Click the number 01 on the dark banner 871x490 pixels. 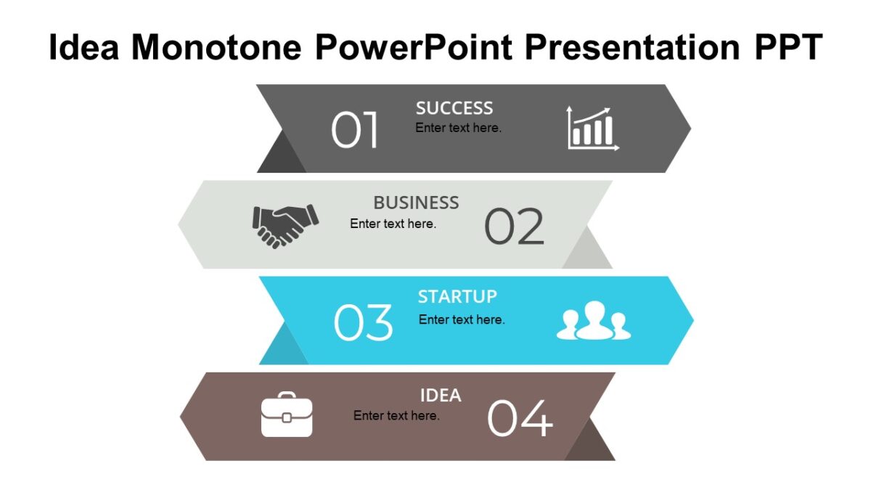355,131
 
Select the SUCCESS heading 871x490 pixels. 454,108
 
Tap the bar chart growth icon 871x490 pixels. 592,128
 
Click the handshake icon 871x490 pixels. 285,225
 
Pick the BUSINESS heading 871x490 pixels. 416,203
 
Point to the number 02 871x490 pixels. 514,226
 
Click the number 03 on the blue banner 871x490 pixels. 363,323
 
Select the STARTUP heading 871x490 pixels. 457,296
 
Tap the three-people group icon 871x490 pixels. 594,321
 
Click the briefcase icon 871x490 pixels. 287,415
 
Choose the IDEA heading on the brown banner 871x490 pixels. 441,396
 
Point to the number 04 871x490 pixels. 520,419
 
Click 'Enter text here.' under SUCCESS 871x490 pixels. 458,128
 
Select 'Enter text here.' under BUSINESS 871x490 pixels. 393,224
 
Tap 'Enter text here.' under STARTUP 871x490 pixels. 462,319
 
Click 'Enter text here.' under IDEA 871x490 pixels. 396,416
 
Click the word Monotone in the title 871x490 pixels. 216,48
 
